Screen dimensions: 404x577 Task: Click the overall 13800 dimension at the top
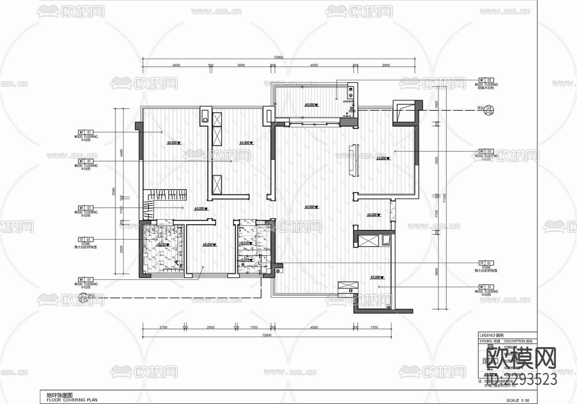click(278, 58)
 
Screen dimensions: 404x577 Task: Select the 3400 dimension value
click(176, 65)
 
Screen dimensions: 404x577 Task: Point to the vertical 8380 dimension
click(114, 191)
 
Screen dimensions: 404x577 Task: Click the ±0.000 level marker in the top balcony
click(311, 104)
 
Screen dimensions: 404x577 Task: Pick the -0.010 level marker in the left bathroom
click(162, 244)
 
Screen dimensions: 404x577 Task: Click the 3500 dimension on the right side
click(437, 161)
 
